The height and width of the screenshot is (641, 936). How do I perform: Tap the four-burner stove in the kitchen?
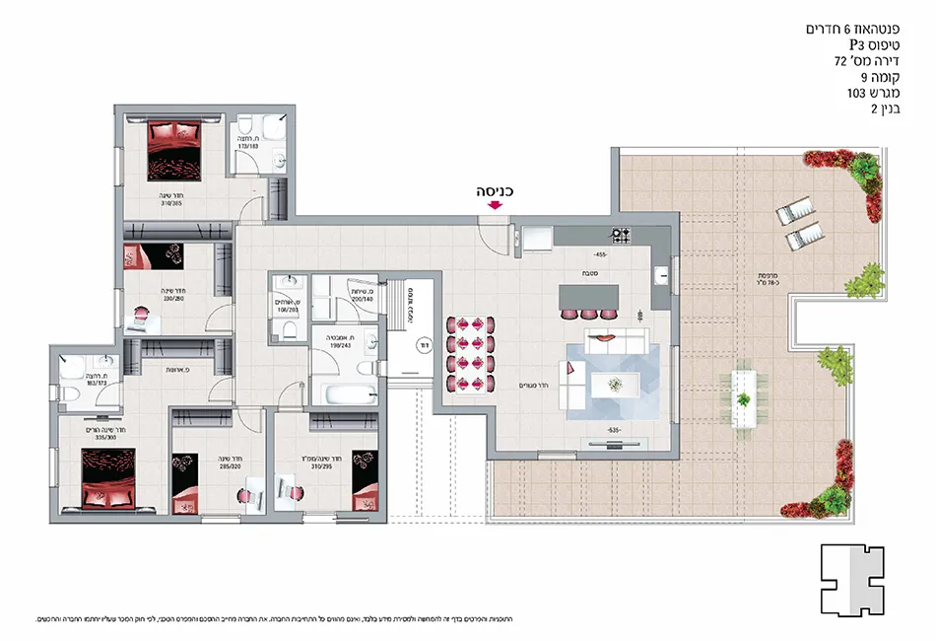(x=623, y=235)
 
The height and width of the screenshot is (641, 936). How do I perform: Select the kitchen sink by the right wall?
(x=660, y=275)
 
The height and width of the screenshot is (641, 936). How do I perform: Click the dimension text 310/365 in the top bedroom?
(x=173, y=205)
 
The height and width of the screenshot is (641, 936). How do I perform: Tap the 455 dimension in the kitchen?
(x=600, y=255)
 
